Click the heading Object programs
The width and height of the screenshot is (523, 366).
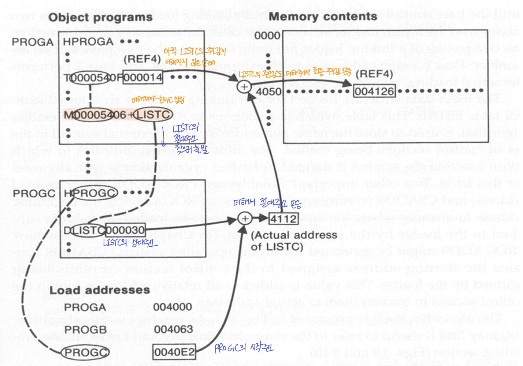[100, 18]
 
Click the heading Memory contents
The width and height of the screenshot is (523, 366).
[323, 16]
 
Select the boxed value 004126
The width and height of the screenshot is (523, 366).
[374, 91]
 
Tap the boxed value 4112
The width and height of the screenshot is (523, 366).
[283, 219]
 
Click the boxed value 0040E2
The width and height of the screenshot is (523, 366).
[174, 352]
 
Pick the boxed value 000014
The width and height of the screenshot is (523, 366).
[143, 78]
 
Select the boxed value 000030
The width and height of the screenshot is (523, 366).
[125, 230]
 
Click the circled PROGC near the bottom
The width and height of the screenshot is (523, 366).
[85, 352]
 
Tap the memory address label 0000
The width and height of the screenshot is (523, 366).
[267, 36]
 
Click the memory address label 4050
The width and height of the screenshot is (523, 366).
[268, 91]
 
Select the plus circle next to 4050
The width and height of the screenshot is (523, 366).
[244, 87]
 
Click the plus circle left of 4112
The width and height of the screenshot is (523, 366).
[245, 219]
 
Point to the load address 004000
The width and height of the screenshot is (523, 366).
[172, 307]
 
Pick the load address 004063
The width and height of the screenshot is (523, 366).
[173, 329]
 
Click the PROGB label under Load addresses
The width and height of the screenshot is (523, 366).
[85, 330]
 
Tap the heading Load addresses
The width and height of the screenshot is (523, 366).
[100, 290]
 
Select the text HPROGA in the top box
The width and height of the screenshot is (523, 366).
[88, 42]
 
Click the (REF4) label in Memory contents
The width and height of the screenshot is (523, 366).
[374, 74]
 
